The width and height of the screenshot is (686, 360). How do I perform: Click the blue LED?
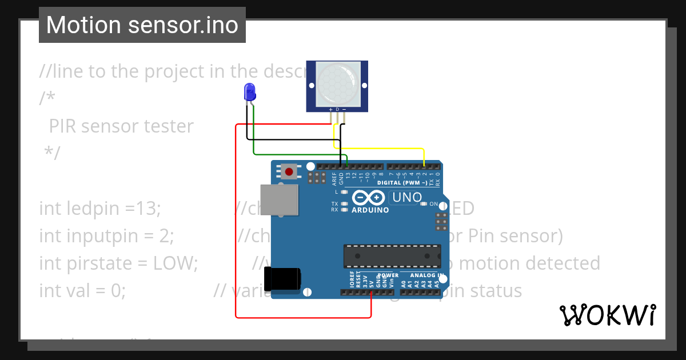point(250,91)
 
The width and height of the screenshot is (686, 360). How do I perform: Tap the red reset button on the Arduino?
point(289,171)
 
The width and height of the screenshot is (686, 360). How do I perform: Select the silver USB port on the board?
point(279,199)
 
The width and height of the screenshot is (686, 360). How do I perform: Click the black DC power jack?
point(285,278)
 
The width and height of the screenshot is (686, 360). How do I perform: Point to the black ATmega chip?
point(392,255)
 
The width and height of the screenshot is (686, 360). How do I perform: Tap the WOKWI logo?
point(607,315)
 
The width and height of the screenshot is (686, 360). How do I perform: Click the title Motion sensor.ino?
point(142,25)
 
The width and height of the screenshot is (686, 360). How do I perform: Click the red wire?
point(236,229)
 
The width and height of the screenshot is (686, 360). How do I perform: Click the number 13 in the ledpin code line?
point(146,209)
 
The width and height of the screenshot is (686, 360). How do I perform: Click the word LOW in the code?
point(175,263)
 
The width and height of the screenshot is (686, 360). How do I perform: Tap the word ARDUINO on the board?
point(370,210)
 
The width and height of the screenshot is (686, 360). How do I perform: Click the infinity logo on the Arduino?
point(369,198)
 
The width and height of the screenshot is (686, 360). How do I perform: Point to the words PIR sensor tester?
point(121,126)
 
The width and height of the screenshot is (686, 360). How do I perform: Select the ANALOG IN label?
point(424,275)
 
